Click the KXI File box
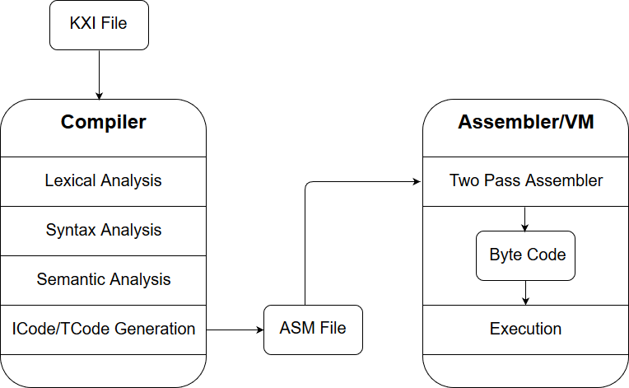99,25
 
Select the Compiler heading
104,122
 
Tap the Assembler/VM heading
526,122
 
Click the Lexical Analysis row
104,181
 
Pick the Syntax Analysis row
104,231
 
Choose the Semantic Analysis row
104,280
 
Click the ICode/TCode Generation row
104,330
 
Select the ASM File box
314,330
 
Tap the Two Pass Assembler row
525,181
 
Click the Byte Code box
525,255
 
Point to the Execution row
525,330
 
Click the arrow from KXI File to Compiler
99,75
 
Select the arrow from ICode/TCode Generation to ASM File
235,330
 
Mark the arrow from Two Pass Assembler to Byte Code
524,219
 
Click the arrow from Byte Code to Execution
525,293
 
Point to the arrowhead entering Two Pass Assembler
417,182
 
